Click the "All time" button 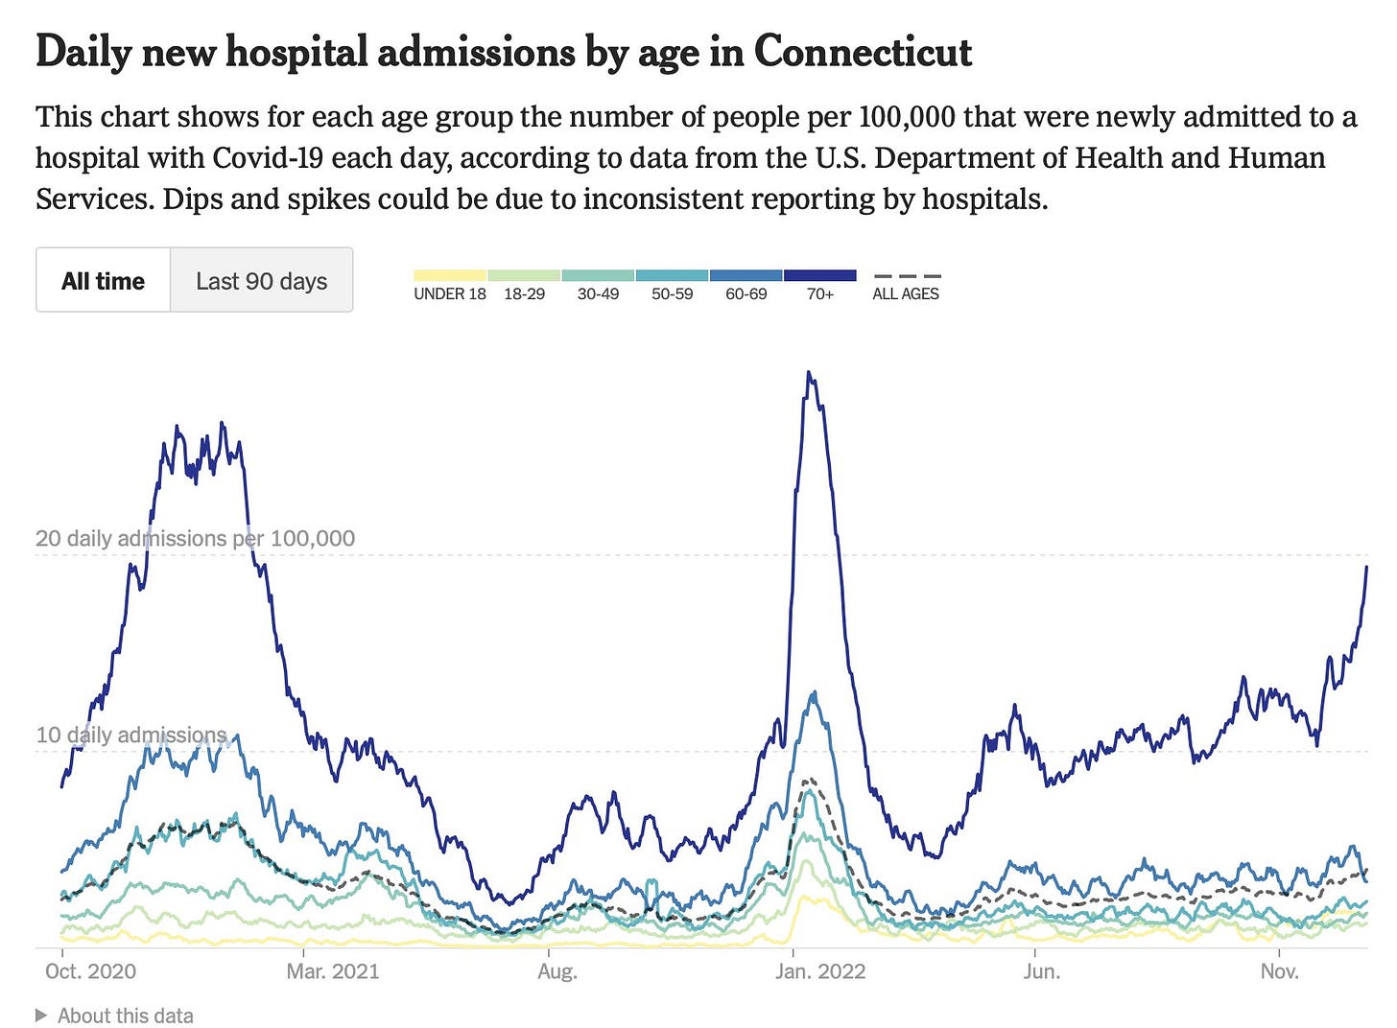103,281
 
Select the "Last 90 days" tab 261,281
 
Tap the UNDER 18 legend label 450,294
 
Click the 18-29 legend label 524,294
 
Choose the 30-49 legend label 598,294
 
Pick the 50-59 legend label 672,294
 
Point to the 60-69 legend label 746,294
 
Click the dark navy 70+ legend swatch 819,276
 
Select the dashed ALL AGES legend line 907,276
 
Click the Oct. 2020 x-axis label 90,971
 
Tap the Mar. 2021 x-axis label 333,971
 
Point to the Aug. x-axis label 557,971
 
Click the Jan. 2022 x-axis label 820,971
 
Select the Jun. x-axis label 1042,971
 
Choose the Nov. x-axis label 1279,971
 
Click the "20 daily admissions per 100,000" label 195,539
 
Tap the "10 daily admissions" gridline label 130,736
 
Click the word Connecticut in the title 863,52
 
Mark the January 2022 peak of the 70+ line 810,373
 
